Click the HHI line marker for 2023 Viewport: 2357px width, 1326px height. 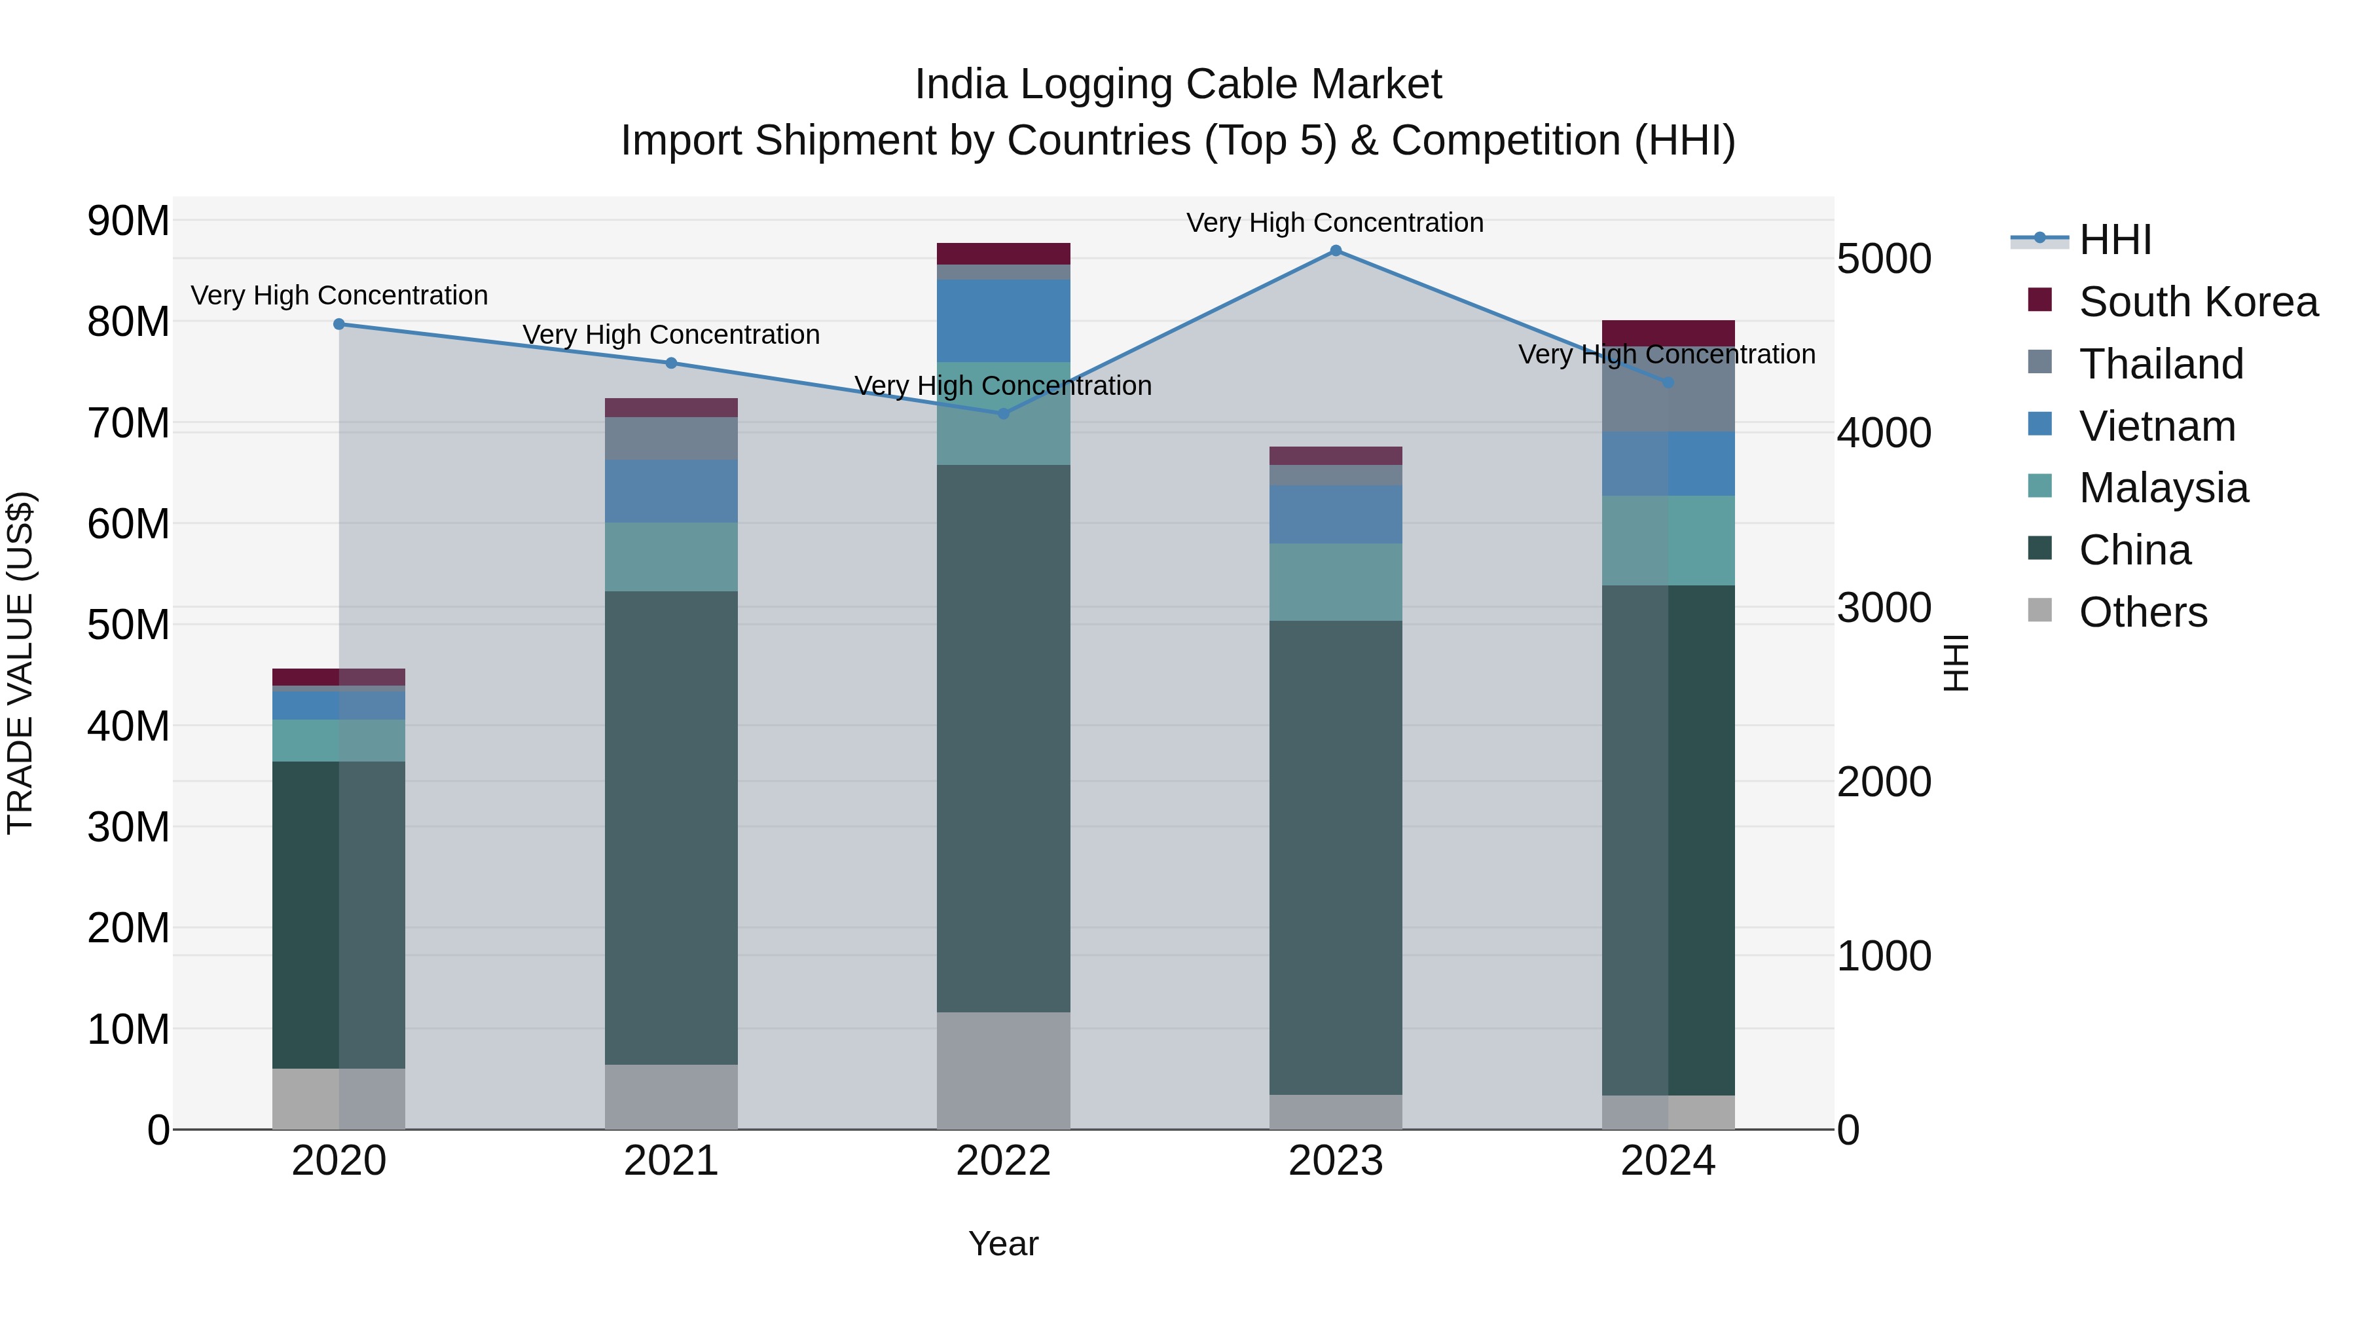(1335, 251)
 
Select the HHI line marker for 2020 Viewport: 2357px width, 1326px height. (338, 324)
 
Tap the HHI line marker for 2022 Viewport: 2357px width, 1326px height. (1003, 414)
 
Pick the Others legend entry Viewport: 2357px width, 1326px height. (2142, 612)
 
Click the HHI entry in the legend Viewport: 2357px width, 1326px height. (2115, 240)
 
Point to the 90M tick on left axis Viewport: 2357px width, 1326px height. (128, 221)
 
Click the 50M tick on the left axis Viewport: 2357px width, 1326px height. (128, 626)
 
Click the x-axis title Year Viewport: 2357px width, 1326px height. (1003, 1243)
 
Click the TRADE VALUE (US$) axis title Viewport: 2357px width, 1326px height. (21, 663)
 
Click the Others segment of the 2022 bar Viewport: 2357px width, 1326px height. (1003, 1070)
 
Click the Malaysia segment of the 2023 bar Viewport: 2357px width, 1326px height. (1335, 582)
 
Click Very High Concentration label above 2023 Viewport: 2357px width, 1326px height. (1335, 223)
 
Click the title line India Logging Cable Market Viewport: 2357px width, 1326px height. (1178, 84)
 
